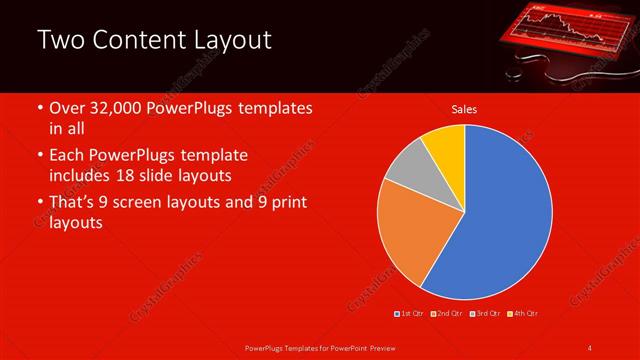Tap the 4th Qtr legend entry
click(525, 313)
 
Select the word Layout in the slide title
click(233, 40)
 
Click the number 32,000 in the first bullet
click(118, 109)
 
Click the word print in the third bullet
click(284, 203)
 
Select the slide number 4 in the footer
click(589, 348)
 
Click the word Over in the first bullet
click(66, 109)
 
